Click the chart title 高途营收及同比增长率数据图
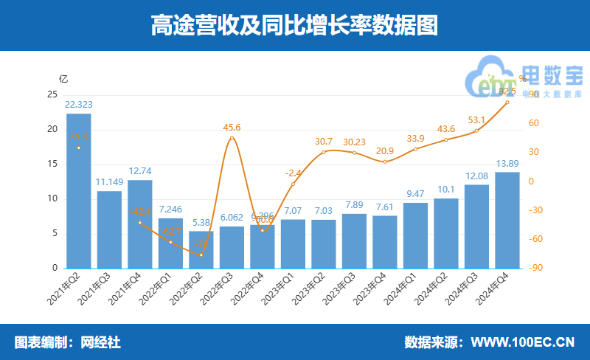(x=295, y=26)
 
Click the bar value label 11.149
(x=109, y=182)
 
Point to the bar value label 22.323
(x=79, y=105)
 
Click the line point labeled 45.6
(x=232, y=138)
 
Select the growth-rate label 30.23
(x=354, y=143)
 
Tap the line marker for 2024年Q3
(x=476, y=131)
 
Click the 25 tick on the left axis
(x=52, y=94)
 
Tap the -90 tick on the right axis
(x=537, y=268)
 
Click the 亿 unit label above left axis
(x=63, y=78)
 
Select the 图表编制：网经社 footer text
(x=68, y=342)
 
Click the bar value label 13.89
(x=507, y=163)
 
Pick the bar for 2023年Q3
(x=354, y=240)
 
